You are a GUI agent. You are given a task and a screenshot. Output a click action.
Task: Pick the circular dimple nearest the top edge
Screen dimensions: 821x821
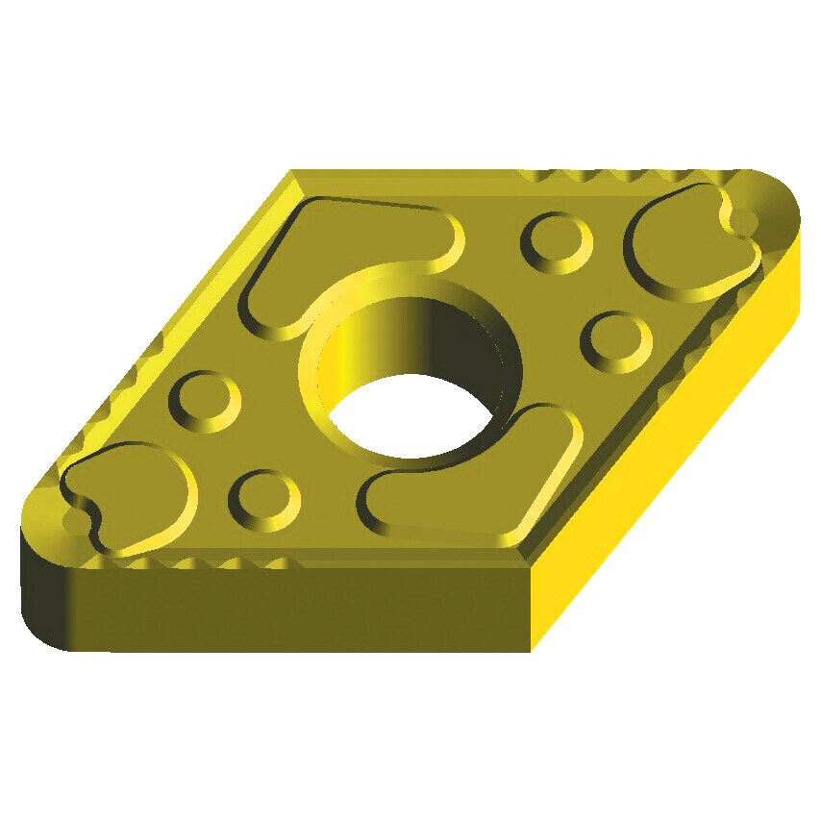[556, 239]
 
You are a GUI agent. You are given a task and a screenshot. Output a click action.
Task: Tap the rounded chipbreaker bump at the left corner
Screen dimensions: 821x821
[130, 495]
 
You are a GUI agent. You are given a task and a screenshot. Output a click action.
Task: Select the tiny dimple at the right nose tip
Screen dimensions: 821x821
[745, 222]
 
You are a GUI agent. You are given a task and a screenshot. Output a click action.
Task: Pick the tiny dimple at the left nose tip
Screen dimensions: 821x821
[74, 521]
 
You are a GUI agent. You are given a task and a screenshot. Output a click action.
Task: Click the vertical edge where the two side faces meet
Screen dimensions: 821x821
[532, 606]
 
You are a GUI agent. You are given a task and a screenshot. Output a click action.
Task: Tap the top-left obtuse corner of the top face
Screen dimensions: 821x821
[292, 174]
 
